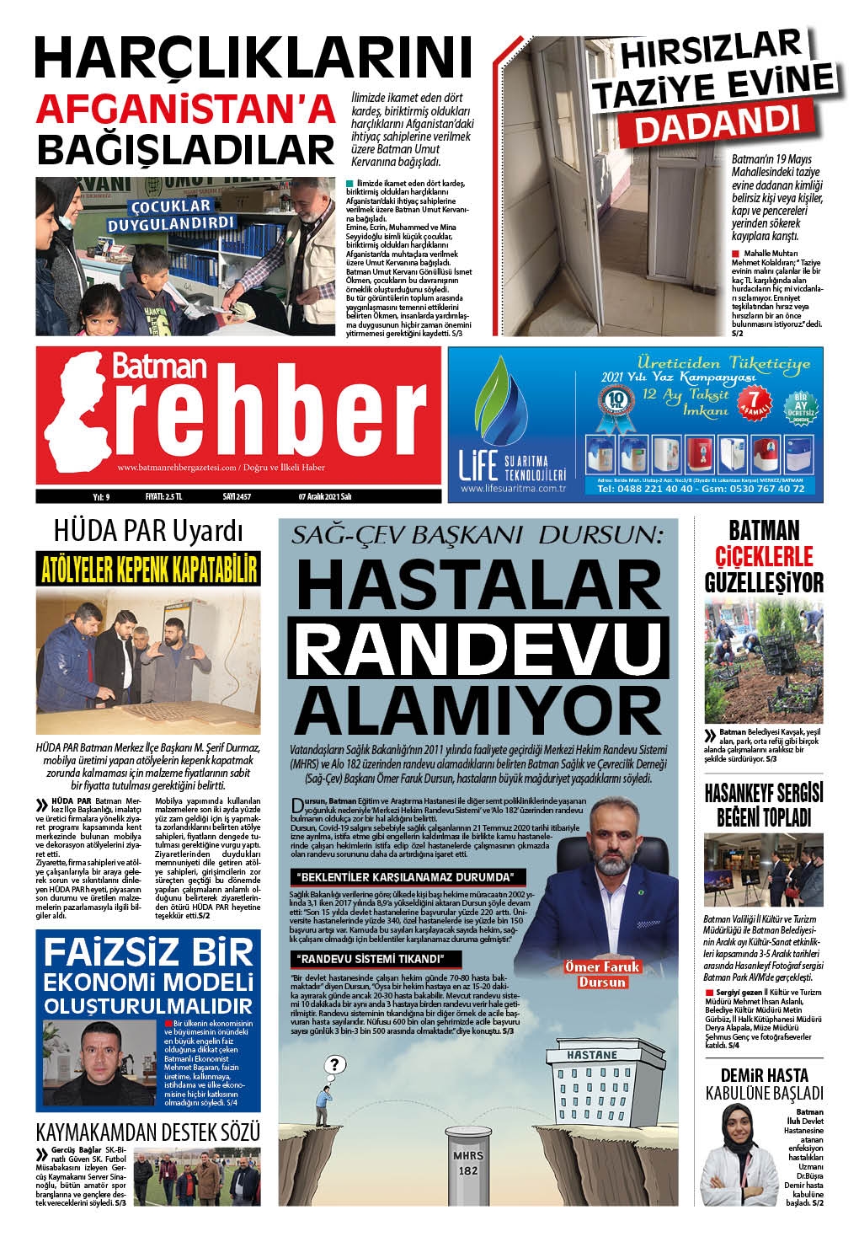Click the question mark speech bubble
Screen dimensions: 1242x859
[x=334, y=1063]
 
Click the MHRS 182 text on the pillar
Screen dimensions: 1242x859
[x=467, y=1163]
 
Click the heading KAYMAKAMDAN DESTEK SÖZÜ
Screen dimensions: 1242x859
[x=147, y=1131]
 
